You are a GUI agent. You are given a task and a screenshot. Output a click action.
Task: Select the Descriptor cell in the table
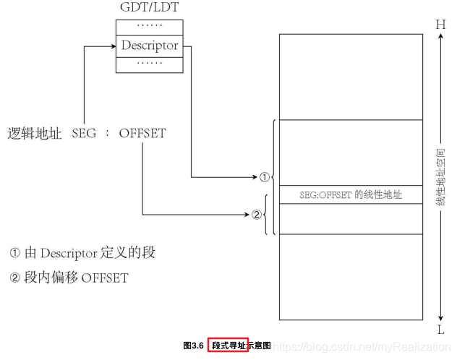point(150,46)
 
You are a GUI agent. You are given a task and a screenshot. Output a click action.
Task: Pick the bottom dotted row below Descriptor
point(150,64)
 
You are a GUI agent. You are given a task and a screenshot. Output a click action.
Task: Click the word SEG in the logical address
point(84,134)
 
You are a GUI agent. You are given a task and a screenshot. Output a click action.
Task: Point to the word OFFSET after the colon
point(142,134)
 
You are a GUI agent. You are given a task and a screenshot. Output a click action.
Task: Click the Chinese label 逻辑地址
point(35,134)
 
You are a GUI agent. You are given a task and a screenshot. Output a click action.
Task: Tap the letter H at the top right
point(440,24)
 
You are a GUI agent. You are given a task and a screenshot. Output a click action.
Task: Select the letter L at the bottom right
point(440,330)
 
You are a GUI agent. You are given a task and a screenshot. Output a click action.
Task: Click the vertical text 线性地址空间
point(440,177)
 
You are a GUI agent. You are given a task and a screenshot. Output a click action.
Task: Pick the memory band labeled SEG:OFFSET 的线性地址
point(351,194)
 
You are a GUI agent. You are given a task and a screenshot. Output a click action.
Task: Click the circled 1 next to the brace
point(265,176)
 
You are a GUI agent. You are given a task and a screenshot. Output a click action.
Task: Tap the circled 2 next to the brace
point(256,214)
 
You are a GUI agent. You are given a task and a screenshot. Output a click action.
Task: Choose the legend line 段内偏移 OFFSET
point(69,277)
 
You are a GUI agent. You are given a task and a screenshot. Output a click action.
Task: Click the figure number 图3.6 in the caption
point(193,346)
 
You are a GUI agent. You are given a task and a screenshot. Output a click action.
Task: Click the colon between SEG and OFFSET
point(107,134)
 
